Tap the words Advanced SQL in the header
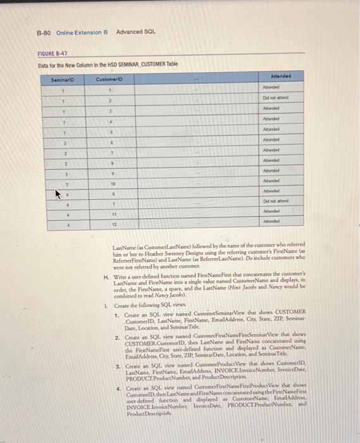tap(135, 32)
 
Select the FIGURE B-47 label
tap(53, 55)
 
